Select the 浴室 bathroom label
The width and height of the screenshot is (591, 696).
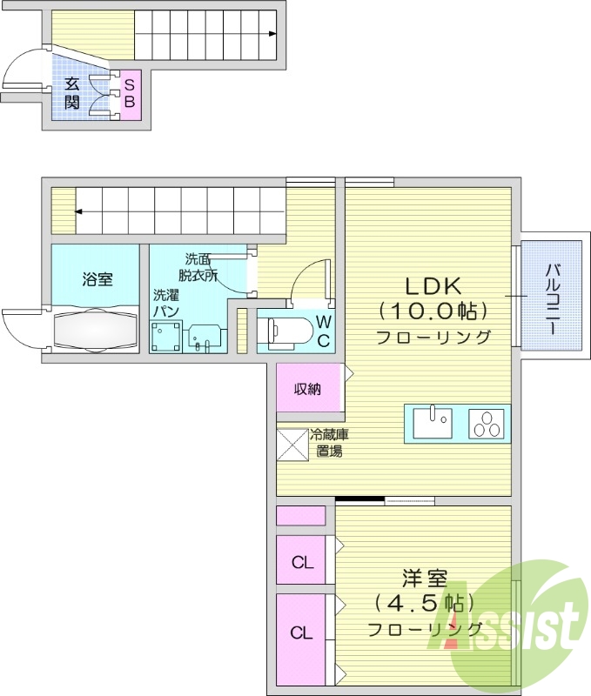pos(97,279)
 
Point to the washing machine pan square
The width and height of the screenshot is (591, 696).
pos(165,337)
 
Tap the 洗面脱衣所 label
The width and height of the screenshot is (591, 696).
pos(200,266)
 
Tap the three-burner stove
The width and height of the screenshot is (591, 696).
pos(486,424)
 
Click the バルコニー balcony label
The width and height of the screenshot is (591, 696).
pos(551,296)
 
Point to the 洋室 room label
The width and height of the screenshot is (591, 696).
pos(424,578)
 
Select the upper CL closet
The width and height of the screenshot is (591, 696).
pos(301,562)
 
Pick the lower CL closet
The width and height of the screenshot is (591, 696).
pos(301,633)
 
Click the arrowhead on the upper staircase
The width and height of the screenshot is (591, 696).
pos(273,35)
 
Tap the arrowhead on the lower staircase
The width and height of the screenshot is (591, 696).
pos(77,211)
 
